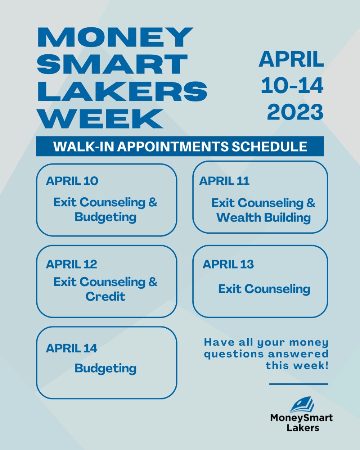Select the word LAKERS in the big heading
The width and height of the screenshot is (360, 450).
pos(122,91)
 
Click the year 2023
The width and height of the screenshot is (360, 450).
pos(295,112)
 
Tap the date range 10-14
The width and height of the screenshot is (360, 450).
pos(292,86)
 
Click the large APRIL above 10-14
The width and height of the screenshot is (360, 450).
pos(291,59)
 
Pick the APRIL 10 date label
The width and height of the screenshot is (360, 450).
pos(72,181)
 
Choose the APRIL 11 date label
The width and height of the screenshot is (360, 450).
pos(224,181)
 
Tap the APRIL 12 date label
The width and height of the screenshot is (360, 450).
pos(71,264)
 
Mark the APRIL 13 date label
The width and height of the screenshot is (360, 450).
pos(228,264)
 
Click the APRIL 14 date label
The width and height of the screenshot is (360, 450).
pos(71,348)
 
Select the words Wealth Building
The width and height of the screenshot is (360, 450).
pos(264,217)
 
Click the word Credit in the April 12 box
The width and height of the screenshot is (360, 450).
pos(105,296)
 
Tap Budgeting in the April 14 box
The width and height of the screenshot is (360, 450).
pos(105,368)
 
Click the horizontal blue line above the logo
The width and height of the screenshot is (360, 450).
pos(298,384)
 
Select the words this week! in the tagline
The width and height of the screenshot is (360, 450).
pos(297,365)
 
